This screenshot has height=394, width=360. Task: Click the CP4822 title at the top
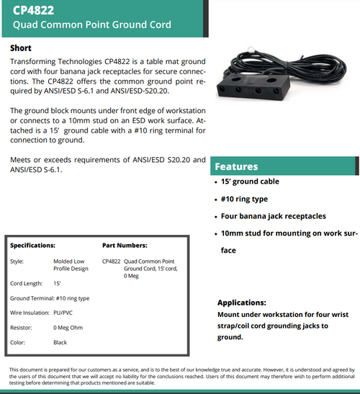[x=34, y=10]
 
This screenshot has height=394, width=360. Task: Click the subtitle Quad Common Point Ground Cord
[x=92, y=24]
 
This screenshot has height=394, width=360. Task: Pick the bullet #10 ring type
[x=243, y=199]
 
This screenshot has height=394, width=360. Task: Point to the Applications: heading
[x=242, y=303]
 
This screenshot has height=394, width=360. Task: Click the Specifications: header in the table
[x=32, y=246]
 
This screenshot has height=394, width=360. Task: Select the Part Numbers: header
[x=125, y=246]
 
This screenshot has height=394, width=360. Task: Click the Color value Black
[x=60, y=343]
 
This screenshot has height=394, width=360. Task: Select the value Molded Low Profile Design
[x=71, y=264]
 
